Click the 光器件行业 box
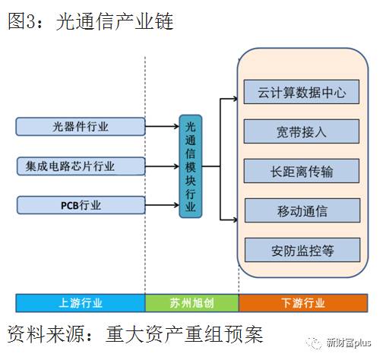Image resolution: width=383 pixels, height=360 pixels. pyautogui.click(x=80, y=126)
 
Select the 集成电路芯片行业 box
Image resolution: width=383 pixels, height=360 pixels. pyautogui.click(x=80, y=165)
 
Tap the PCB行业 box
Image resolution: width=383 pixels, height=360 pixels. pyautogui.click(x=80, y=204)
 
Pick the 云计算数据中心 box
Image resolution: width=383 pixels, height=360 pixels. pyautogui.click(x=302, y=93)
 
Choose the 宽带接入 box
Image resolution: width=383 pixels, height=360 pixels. pyautogui.click(x=302, y=131)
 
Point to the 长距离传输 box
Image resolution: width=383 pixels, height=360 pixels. pyautogui.click(x=302, y=171)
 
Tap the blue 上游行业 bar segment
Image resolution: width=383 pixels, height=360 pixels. pyautogui.click(x=80, y=302)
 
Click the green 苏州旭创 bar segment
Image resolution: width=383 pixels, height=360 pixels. pyautogui.click(x=191, y=302)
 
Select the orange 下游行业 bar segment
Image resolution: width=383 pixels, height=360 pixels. pyautogui.click(x=302, y=302)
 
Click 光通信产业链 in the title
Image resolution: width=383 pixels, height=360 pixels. pyautogui.click(x=115, y=21)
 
